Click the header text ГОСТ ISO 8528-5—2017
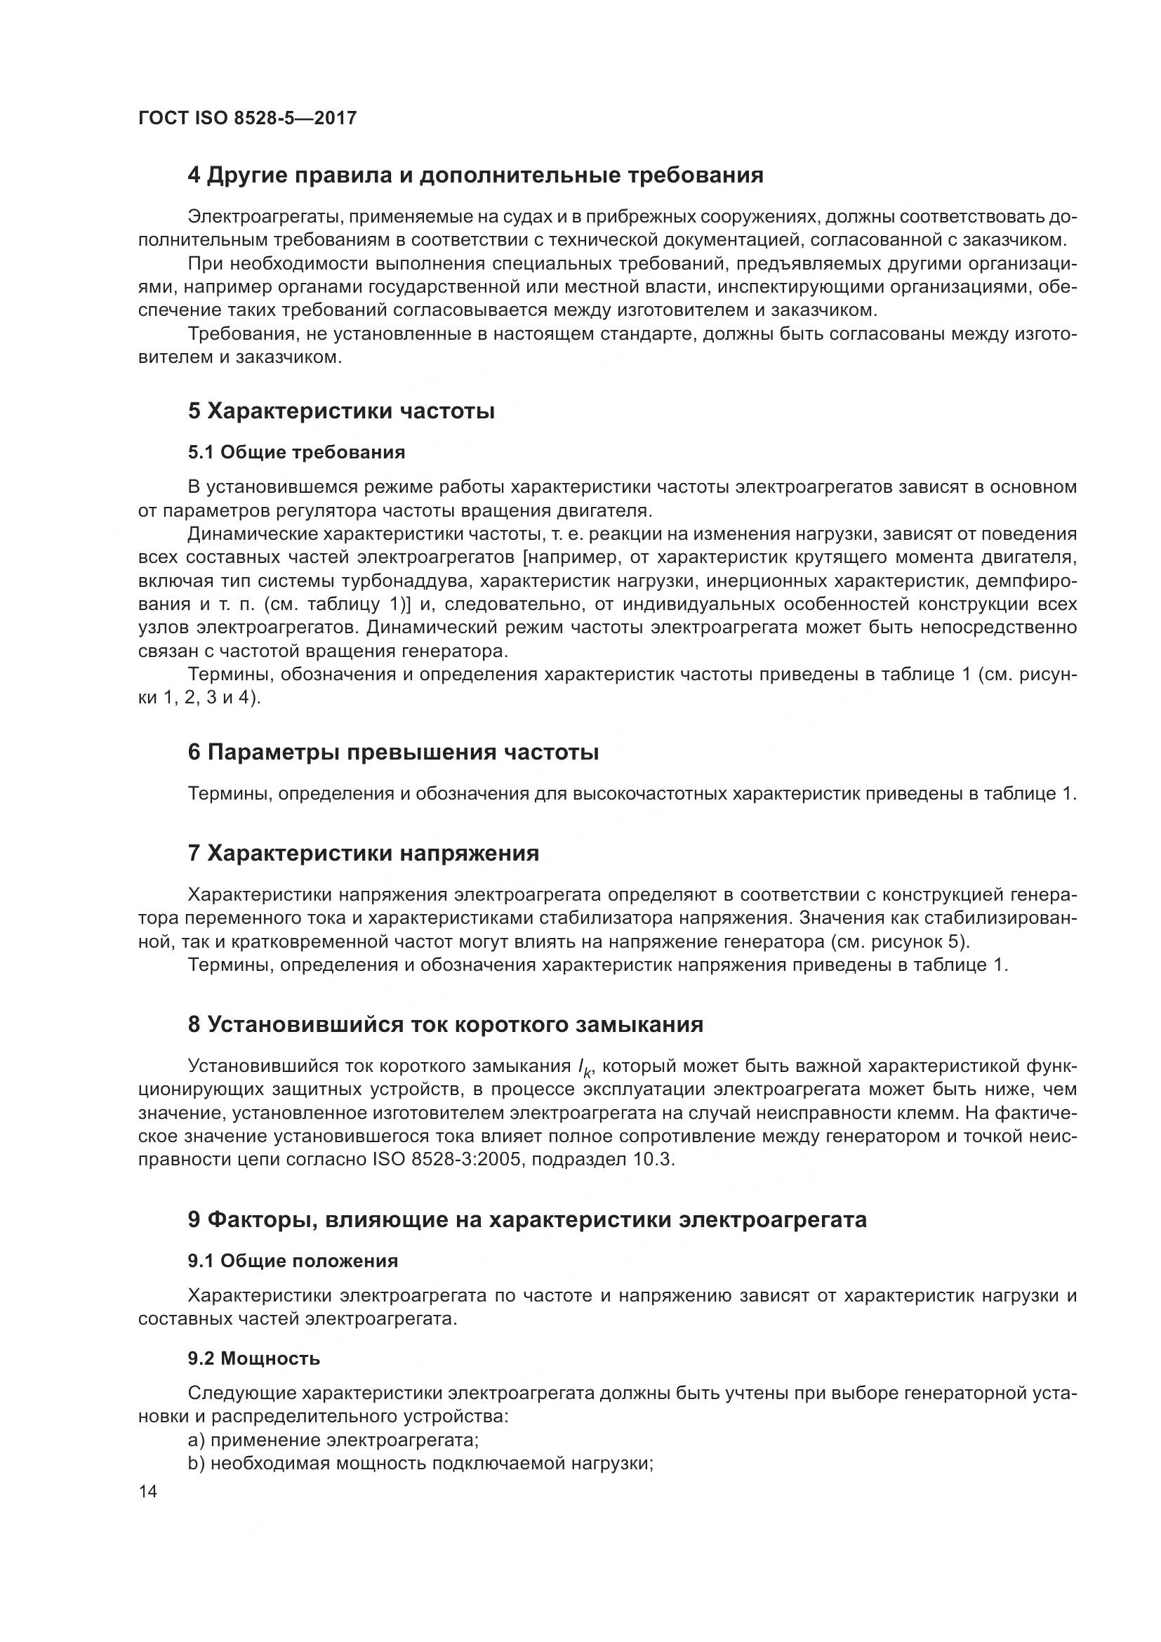[x=246, y=119]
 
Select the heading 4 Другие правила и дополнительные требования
[x=475, y=176]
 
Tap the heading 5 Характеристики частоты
[x=341, y=411]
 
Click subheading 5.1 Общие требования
[x=296, y=452]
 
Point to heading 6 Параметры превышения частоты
[x=393, y=753]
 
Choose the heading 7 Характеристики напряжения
[x=363, y=853]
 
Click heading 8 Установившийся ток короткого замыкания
[x=446, y=1025]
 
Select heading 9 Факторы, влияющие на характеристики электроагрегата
[x=527, y=1219]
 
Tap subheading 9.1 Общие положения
[x=293, y=1261]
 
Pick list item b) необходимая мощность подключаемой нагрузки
[x=420, y=1463]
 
